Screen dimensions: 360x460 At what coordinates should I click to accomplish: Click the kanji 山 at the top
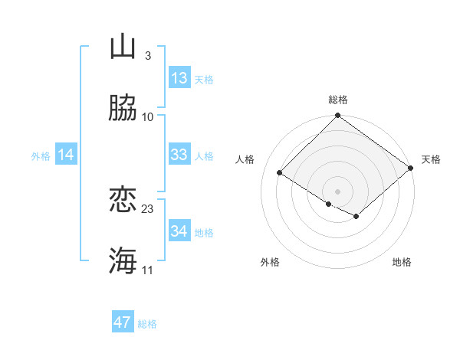tap(123, 47)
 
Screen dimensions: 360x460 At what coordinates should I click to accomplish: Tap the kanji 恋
tap(123, 200)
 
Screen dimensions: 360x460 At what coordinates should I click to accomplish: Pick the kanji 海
tap(123, 261)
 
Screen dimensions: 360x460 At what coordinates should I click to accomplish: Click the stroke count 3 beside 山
tap(147, 55)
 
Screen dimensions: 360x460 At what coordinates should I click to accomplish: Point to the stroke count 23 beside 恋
tap(148, 208)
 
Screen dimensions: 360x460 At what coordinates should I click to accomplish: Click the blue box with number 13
tap(179, 78)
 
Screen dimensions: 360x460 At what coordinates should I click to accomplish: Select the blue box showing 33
tap(179, 155)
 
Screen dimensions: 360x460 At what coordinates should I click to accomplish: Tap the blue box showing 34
tap(179, 231)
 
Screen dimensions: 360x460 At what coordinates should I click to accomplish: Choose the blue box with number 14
tap(66, 155)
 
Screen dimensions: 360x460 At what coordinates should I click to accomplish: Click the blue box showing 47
tap(123, 322)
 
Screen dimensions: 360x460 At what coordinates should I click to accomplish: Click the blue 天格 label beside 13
tap(204, 80)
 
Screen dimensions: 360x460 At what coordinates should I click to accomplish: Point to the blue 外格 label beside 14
tap(41, 156)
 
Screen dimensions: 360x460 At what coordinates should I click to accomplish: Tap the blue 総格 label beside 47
tap(147, 324)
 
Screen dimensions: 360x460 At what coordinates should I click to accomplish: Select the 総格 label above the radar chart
tap(338, 100)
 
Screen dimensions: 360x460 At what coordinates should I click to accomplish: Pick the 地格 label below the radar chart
tap(402, 263)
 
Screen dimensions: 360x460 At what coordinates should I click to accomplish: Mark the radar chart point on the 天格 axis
tap(411, 168)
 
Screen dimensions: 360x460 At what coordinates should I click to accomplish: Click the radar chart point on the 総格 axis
tap(338, 116)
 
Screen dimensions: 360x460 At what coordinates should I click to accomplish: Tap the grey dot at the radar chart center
tap(338, 191)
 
